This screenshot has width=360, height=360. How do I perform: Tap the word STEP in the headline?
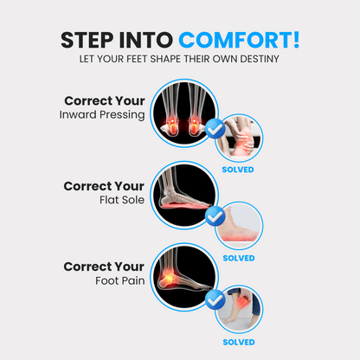coord(90,40)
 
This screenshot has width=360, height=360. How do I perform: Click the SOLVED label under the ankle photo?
coord(238,170)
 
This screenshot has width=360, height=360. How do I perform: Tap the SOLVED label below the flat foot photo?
coord(238,257)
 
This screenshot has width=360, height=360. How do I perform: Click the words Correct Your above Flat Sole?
coord(105,185)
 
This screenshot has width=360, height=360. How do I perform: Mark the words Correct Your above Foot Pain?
coord(105,266)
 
